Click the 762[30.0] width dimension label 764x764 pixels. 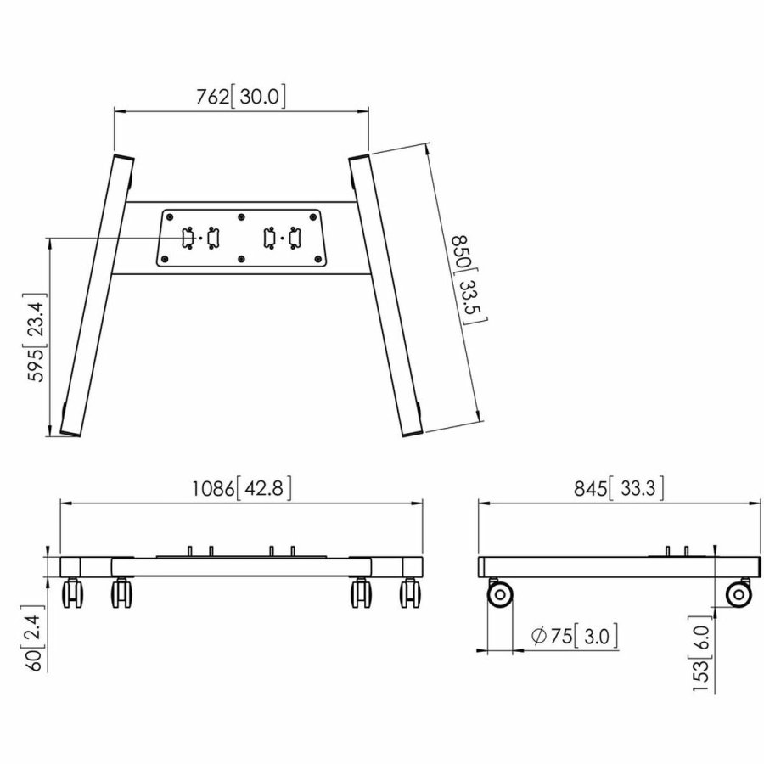pyautogui.click(x=242, y=97)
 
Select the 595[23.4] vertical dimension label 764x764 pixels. pyautogui.click(x=39, y=340)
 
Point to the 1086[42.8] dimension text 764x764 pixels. pyautogui.click(x=241, y=488)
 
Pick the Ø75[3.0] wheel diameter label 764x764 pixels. pyautogui.click(x=573, y=634)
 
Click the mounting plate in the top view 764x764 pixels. pyautogui.click(x=241, y=238)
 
